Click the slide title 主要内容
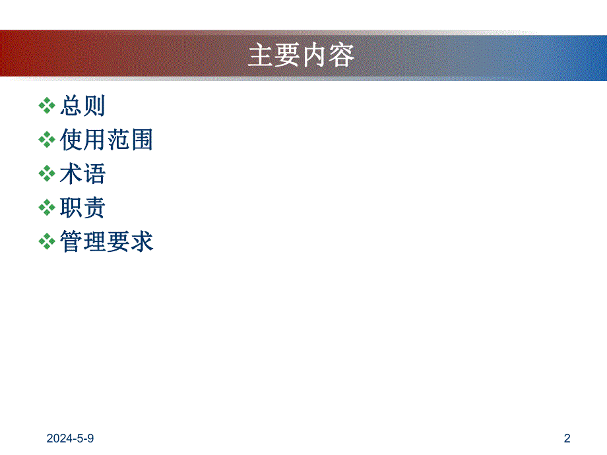301,56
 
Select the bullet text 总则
82,106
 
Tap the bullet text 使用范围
106,140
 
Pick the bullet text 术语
82,174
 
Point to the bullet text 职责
82,208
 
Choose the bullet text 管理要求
106,242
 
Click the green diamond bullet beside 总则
47,106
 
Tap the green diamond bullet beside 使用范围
47,140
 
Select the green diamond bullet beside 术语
47,174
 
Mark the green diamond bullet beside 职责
47,208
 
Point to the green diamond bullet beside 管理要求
47,243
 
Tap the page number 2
567,438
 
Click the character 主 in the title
261,56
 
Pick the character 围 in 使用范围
141,140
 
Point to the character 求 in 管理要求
141,242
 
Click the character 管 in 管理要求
71,242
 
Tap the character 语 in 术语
94,174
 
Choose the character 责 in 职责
94,208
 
